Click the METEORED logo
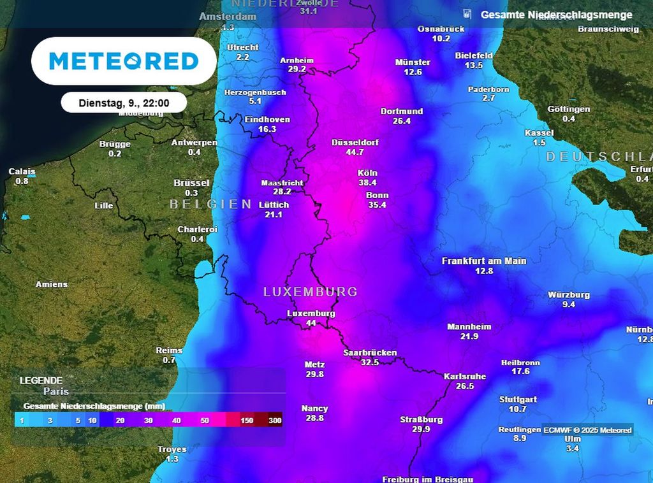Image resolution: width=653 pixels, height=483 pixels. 124,61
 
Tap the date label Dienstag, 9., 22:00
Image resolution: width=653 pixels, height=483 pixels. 124,103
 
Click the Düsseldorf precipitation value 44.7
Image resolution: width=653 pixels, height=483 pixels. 355,152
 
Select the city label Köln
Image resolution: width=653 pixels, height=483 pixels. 368,173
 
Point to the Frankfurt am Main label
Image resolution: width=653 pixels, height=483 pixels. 484,261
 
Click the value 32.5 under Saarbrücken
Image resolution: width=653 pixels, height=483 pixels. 370,362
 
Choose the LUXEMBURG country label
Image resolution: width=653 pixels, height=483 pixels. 311,291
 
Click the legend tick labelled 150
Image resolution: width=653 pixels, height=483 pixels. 247,421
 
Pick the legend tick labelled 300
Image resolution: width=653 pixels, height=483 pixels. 275,421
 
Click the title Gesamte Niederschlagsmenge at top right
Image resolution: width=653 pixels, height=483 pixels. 556,15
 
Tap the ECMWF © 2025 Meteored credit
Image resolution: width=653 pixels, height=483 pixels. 588,430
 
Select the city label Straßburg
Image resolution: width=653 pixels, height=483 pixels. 421,419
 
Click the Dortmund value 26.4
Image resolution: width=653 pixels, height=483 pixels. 402,121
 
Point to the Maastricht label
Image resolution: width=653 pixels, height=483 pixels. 282,183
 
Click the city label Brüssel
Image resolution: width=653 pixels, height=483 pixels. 191,183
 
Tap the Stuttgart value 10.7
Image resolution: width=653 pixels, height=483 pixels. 517,409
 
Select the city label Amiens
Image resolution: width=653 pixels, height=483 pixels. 52,284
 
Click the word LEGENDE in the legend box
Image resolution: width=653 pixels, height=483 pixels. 41,380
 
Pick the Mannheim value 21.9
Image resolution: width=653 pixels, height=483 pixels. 469,336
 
